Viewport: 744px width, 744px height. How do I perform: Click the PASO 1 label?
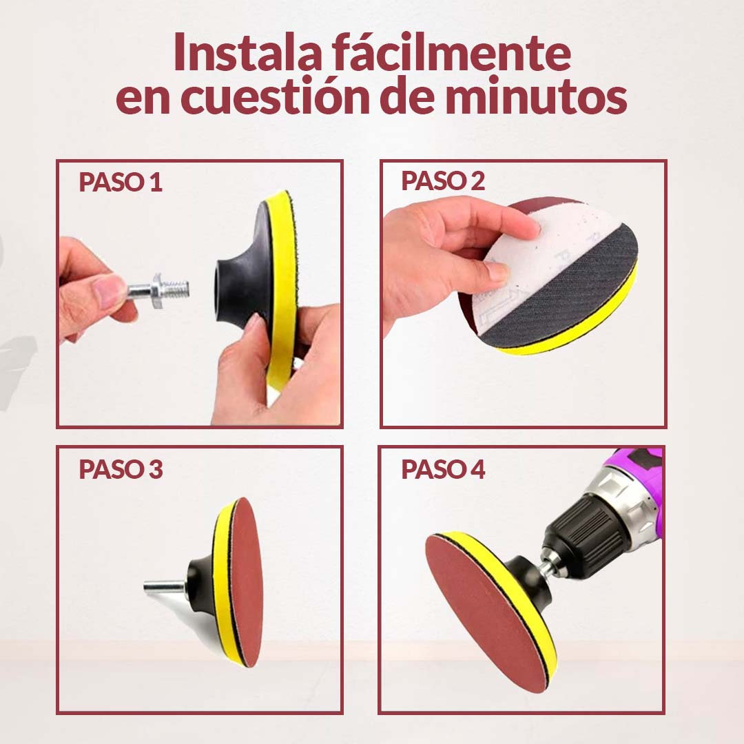click(x=121, y=182)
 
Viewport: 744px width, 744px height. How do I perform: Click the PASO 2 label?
click(x=443, y=180)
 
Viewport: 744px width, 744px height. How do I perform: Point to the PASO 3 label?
click(x=121, y=469)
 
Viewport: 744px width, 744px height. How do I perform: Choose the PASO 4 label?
click(x=443, y=469)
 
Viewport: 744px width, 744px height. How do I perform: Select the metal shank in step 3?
click(x=165, y=588)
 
